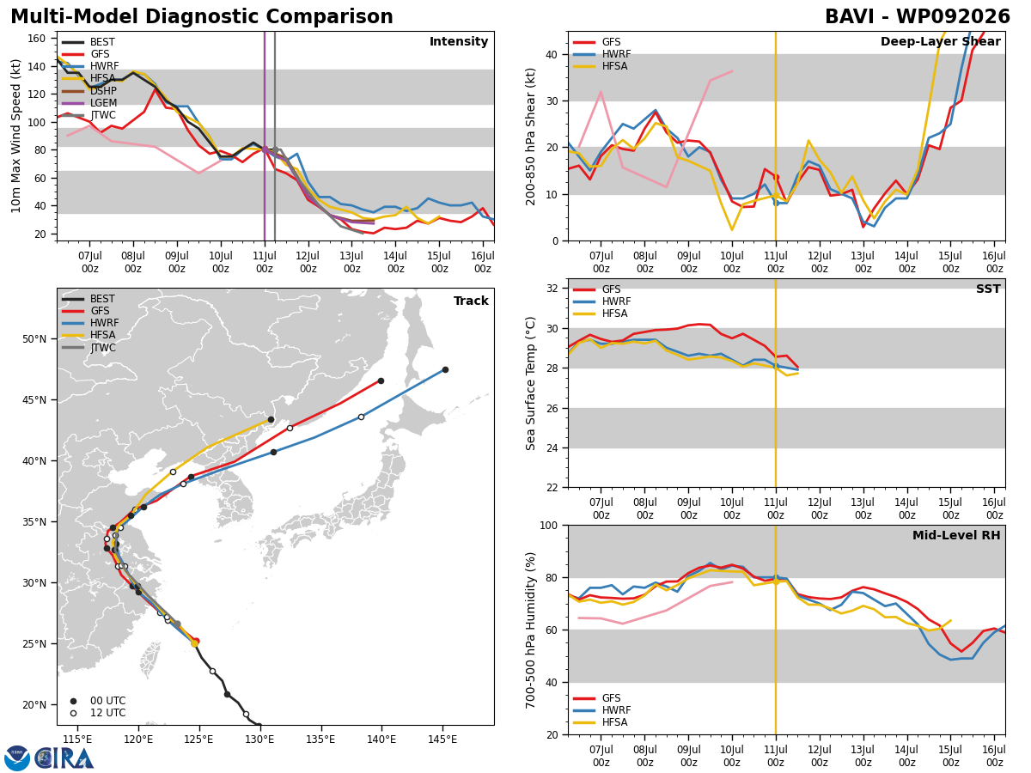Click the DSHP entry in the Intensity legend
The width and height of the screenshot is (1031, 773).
(89, 90)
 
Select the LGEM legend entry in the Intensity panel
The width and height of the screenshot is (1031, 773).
(89, 103)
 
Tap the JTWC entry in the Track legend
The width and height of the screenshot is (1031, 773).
(88, 347)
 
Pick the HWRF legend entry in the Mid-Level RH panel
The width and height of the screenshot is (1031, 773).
(601, 710)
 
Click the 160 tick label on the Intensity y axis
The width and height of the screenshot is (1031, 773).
(36, 39)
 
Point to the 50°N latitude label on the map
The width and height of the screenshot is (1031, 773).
(34, 339)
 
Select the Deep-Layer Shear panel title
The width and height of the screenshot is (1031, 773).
(940, 41)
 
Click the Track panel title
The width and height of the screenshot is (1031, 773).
(471, 301)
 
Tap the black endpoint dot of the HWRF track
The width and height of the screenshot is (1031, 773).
(445, 370)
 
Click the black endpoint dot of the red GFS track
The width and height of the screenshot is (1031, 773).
(381, 381)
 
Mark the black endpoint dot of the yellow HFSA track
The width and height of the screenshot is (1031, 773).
(271, 420)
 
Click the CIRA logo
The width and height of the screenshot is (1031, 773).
(64, 758)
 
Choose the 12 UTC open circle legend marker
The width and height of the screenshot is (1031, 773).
(73, 713)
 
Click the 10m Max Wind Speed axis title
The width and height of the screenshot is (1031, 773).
(15, 136)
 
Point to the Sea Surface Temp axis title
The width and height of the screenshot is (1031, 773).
(530, 383)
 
